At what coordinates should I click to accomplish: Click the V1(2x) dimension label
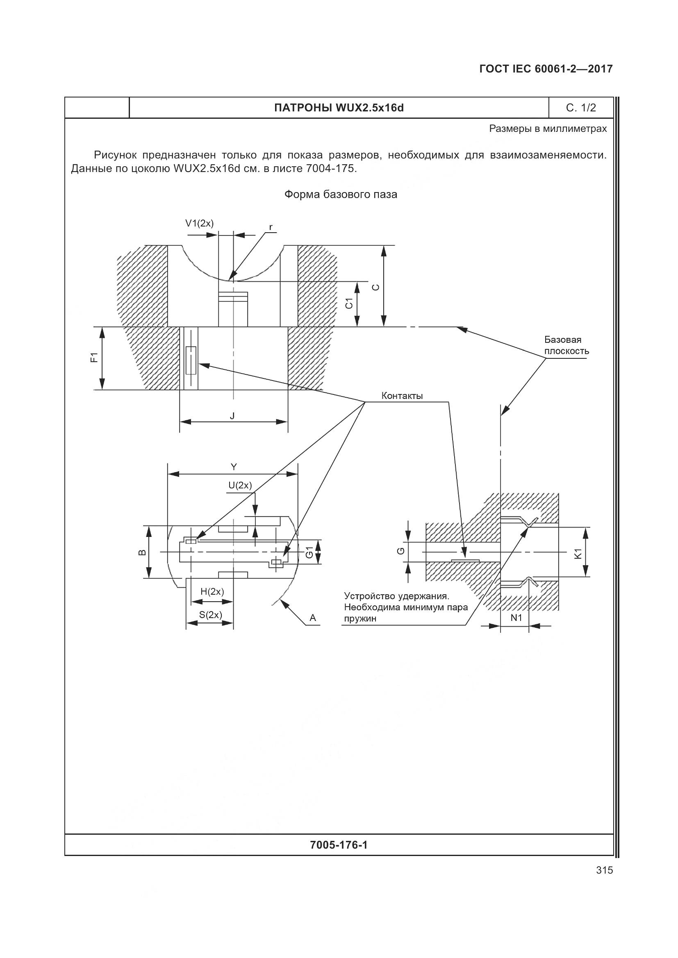pos(199,224)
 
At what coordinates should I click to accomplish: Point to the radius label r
pos(271,227)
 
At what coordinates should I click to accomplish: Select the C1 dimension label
pos(349,304)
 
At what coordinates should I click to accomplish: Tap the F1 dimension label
pos(94,358)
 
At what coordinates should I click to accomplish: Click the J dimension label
pos(232,416)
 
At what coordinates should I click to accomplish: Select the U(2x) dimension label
pos(240,485)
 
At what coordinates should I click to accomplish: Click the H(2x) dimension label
pos(212,592)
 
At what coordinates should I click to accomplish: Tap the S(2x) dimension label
pos(210,615)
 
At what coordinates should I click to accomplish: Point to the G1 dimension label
pos(309,552)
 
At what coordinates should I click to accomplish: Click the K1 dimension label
pos(578,554)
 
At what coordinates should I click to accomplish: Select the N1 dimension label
pos(516,618)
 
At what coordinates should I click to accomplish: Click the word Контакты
pos(402,396)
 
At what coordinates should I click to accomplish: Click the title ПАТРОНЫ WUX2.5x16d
pos(339,108)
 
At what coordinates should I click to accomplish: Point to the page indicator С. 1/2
pos(581,108)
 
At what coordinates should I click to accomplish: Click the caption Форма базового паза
pos(341,195)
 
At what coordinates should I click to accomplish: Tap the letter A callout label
pos(313,618)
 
